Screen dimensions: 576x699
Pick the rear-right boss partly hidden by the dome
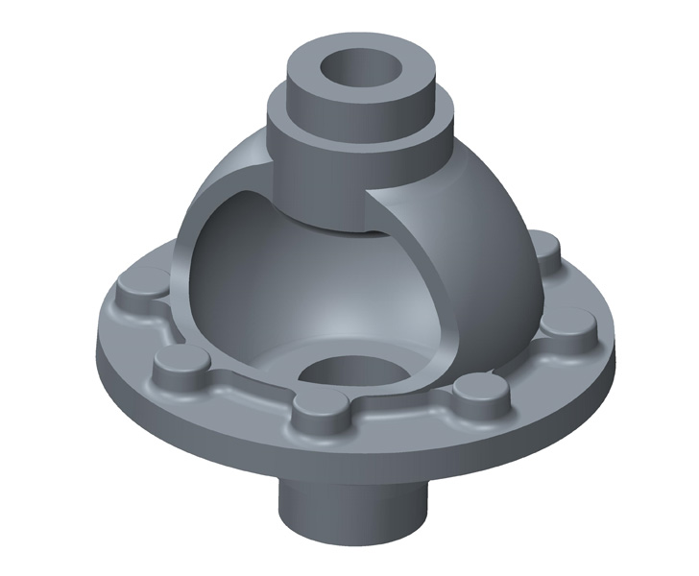546,252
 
